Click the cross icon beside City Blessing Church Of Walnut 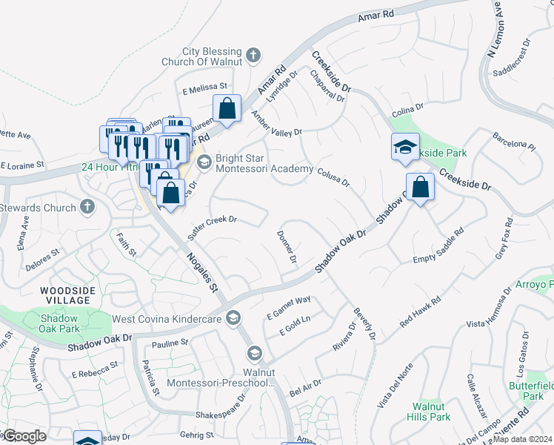pyautogui.click(x=253, y=54)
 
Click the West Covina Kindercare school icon pyautogui.click(x=233, y=317)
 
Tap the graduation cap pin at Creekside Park pyautogui.click(x=405, y=147)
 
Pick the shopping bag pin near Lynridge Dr pyautogui.click(x=227, y=108)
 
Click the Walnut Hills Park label pyautogui.click(x=431, y=412)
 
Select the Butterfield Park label pyautogui.click(x=527, y=391)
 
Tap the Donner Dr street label pyautogui.click(x=287, y=248)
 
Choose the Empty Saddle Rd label pyautogui.click(x=438, y=246)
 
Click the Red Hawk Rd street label pyautogui.click(x=420, y=312)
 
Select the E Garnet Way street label pyautogui.click(x=288, y=309)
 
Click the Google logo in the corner pyautogui.click(x=24, y=436)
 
